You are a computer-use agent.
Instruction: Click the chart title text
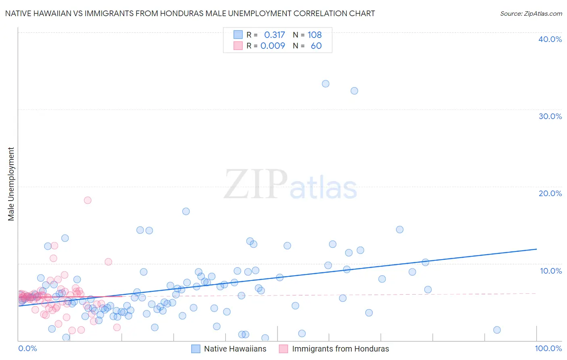[190, 14]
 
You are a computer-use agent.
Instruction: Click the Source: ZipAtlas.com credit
[531, 14]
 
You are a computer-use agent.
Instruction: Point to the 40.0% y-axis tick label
[550, 39]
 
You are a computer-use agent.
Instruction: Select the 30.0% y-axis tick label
[550, 116]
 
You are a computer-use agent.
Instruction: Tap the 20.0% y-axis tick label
[550, 193]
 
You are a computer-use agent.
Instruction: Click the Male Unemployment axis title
[11, 184]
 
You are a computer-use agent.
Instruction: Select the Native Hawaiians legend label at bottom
[235, 349]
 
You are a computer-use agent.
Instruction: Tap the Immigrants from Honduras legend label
[340, 349]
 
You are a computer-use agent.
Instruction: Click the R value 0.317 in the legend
[274, 35]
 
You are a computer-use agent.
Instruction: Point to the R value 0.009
[273, 46]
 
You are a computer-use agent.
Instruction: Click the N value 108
[315, 35]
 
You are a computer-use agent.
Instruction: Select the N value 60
[316, 46]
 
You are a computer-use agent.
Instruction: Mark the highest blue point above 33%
[325, 84]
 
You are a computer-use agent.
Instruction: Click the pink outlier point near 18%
[88, 200]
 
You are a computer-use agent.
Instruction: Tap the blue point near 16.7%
[186, 211]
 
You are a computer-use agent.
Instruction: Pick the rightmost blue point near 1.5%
[497, 330]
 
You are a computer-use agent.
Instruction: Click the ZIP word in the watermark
[256, 185]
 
